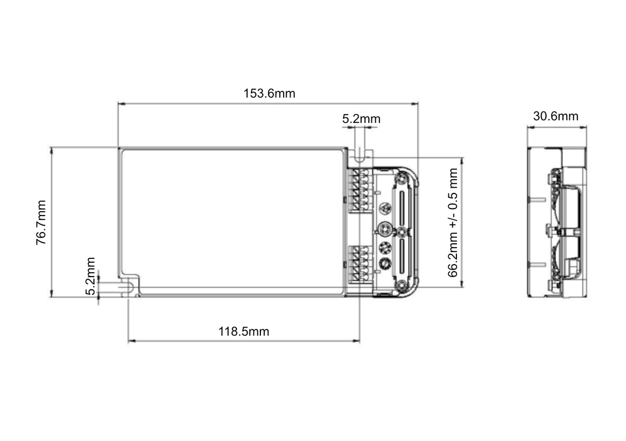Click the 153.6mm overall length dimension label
pos(269,94)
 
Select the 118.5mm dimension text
pos(244,332)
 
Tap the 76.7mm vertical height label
pos(41,222)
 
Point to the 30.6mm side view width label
pos(555,116)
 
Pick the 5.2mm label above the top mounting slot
pos(361,118)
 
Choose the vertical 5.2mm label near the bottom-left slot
pos(91,276)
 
